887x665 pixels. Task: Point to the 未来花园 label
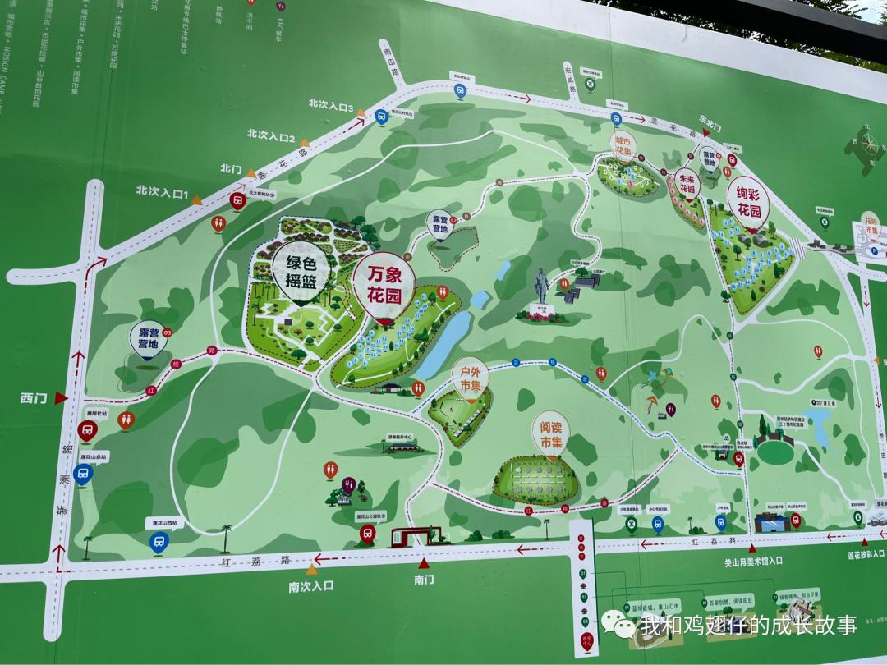pyautogui.click(x=687, y=181)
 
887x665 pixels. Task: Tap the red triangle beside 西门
pyautogui.click(x=60, y=399)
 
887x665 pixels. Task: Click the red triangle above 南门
pyautogui.click(x=423, y=563)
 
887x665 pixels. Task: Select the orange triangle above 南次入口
pyautogui.click(x=312, y=569)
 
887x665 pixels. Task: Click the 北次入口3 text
pyautogui.click(x=330, y=106)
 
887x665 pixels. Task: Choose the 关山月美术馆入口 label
pyautogui.click(x=753, y=562)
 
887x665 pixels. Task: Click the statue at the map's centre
pyautogui.click(x=542, y=291)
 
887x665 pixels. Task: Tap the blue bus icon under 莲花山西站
pyautogui.click(x=159, y=540)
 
